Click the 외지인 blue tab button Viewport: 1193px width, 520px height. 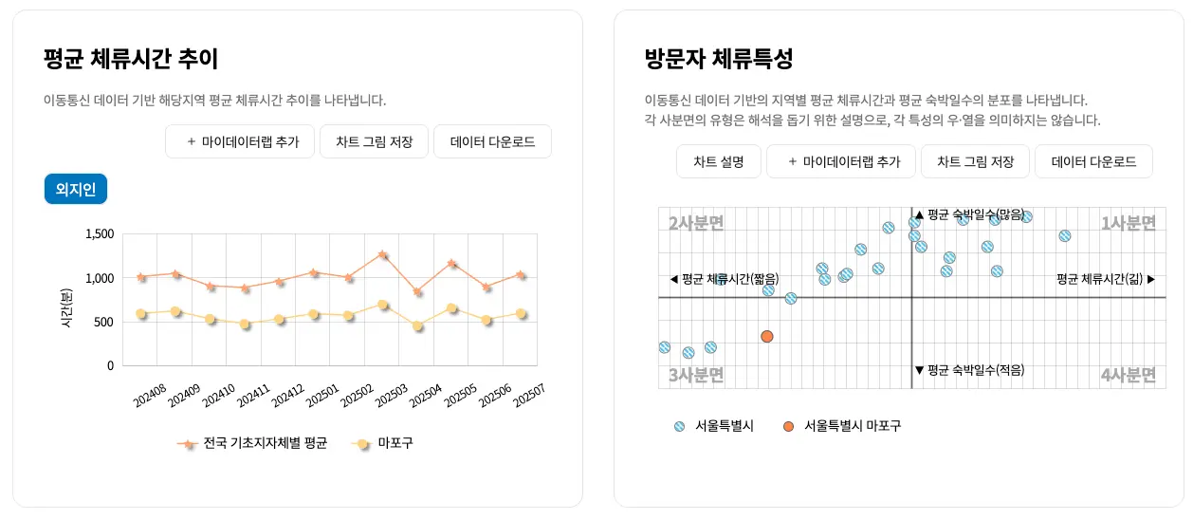(76, 189)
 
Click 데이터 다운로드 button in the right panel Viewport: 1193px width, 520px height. (1092, 161)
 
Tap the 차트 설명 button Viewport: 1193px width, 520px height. (718, 161)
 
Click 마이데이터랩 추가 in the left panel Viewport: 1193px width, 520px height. (241, 141)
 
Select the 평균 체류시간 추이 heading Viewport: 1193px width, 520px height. (131, 59)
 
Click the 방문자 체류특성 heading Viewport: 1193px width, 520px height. (718, 59)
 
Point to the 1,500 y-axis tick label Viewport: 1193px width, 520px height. (99, 234)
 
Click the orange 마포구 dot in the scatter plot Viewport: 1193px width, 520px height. (766, 337)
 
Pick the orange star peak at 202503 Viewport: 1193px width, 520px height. (382, 254)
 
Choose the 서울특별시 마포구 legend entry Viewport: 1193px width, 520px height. (841, 426)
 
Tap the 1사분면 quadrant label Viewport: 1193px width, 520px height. (1128, 224)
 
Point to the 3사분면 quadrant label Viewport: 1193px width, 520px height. (696, 375)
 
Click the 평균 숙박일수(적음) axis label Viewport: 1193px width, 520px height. (969, 370)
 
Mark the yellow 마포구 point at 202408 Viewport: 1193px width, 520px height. (141, 313)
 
